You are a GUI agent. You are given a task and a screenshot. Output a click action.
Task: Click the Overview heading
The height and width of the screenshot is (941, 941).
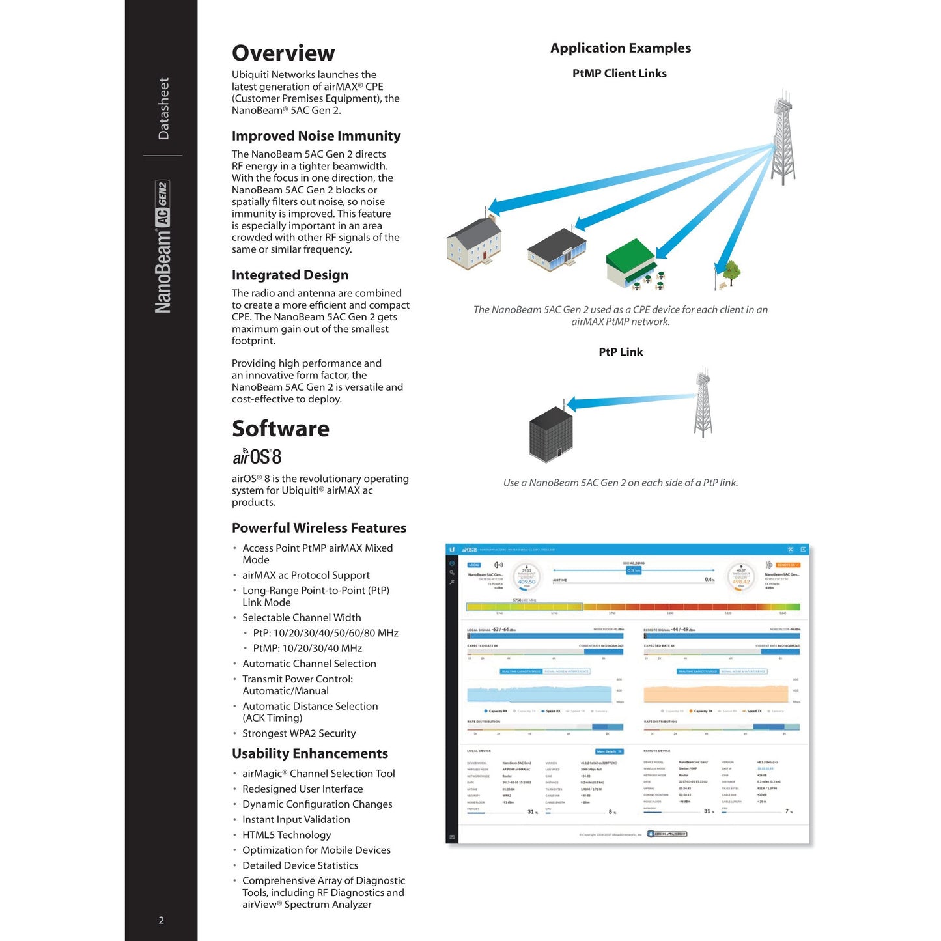(x=283, y=53)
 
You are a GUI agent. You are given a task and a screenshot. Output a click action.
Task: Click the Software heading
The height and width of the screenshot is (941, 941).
(x=281, y=428)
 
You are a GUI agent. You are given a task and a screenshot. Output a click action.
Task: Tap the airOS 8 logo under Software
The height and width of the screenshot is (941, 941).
(x=257, y=456)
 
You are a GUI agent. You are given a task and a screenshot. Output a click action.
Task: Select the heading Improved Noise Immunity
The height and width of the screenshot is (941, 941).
(x=316, y=136)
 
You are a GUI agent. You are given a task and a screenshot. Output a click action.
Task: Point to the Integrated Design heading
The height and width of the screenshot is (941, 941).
(x=290, y=275)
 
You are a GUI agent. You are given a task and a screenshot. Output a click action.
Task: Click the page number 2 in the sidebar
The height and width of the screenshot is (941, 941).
(x=162, y=920)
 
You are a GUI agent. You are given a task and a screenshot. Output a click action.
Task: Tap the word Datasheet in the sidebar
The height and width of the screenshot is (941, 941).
(x=163, y=109)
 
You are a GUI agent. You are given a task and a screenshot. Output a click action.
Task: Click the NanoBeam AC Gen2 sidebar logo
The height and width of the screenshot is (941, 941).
(x=163, y=247)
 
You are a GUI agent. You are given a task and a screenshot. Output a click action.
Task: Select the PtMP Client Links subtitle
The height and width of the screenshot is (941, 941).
(x=619, y=74)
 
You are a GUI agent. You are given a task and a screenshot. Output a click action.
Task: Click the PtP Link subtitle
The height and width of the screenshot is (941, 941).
(x=621, y=352)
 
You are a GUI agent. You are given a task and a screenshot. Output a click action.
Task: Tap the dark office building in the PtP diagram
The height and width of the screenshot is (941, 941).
(x=551, y=434)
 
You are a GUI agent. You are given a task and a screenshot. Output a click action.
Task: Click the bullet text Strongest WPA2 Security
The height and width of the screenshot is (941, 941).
(x=299, y=733)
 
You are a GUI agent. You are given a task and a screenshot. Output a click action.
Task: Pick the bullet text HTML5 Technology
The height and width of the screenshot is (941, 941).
(x=287, y=835)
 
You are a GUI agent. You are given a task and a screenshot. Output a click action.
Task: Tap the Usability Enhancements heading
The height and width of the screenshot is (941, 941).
(x=310, y=753)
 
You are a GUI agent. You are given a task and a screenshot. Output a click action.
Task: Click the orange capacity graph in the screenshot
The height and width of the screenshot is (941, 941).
(x=717, y=694)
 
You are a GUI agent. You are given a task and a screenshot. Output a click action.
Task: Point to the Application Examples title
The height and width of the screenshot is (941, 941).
(x=621, y=48)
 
